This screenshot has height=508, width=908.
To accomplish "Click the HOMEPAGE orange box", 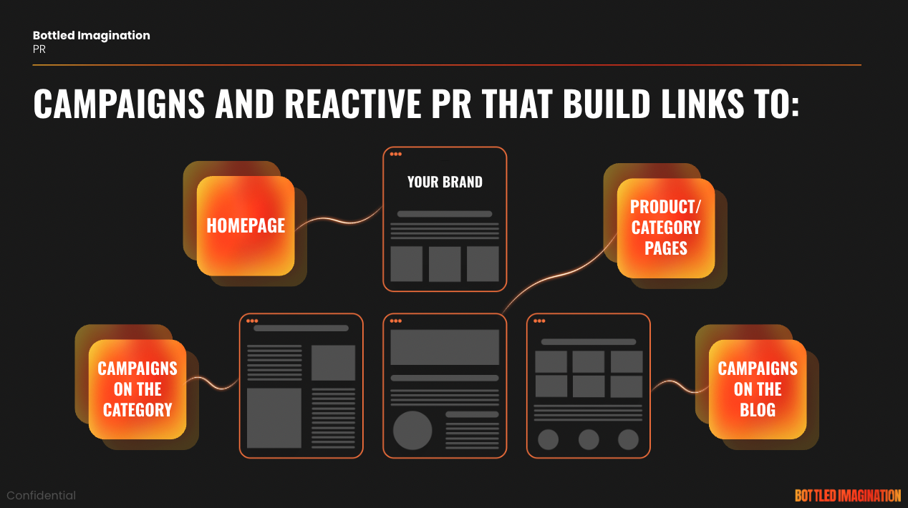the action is [x=246, y=226].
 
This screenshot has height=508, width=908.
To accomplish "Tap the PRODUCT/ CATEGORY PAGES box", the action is [x=666, y=228].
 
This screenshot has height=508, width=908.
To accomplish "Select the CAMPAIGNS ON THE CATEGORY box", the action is [x=137, y=389].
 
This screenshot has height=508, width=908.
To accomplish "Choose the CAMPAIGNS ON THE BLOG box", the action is [x=758, y=389].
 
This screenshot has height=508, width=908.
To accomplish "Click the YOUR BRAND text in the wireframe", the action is [x=445, y=182].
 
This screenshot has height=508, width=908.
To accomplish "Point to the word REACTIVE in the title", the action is [x=353, y=104].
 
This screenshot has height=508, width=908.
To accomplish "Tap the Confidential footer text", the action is [x=41, y=495].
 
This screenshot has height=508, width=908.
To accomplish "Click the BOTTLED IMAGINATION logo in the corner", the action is [x=848, y=495].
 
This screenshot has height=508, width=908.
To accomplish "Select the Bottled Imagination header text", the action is [x=92, y=35].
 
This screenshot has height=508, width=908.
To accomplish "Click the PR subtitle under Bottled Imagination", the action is [x=39, y=49].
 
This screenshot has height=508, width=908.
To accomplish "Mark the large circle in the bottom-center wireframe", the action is [x=412, y=431].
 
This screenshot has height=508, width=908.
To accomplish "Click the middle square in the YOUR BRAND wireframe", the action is [x=445, y=264].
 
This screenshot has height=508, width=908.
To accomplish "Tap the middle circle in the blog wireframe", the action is [x=589, y=439].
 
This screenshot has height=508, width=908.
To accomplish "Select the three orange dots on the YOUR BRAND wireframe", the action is [x=395, y=154].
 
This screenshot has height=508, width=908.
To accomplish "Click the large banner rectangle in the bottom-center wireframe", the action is [x=445, y=347].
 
